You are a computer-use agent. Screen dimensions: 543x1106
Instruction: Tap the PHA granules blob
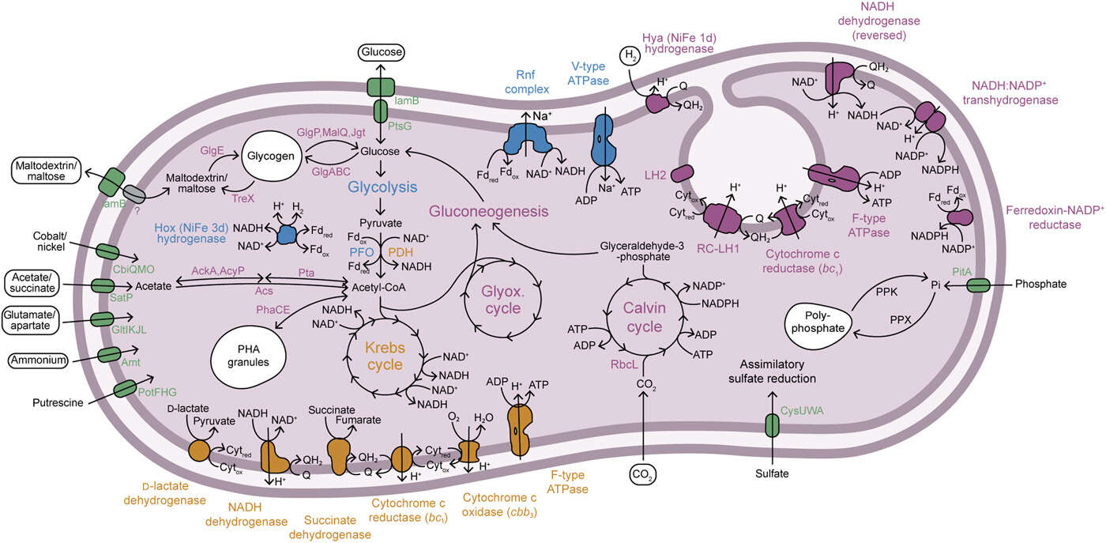coord(254,355)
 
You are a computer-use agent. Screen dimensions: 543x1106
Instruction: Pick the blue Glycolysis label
coord(382,187)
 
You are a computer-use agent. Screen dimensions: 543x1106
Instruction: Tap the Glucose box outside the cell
coord(382,54)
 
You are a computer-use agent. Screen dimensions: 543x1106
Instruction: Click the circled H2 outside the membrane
coord(630,55)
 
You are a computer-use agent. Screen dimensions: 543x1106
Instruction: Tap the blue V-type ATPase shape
coord(603,138)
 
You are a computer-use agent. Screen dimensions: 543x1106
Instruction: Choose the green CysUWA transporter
coord(772,425)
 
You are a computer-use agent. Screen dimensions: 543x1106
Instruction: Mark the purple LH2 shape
coord(682,173)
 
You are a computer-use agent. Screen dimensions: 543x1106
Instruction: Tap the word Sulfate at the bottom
coord(772,474)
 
